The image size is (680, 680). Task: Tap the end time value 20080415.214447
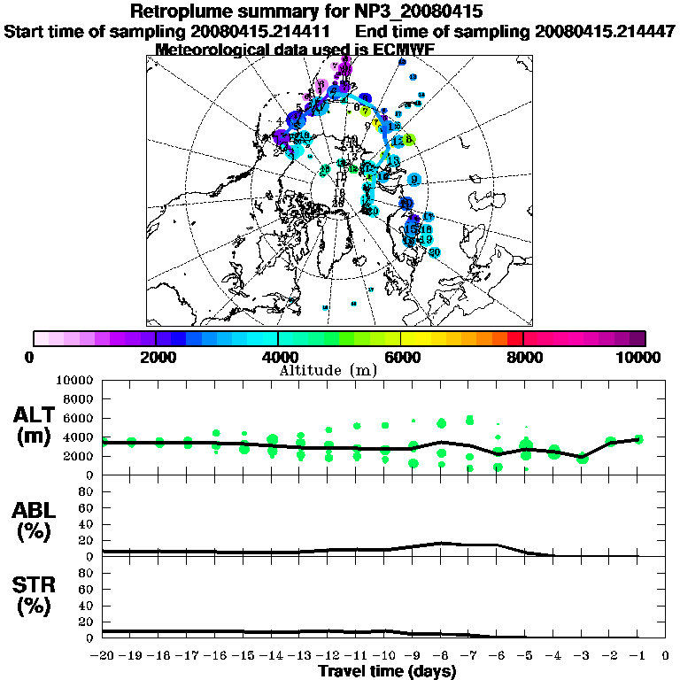(606, 31)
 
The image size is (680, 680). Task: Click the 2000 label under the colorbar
(155, 358)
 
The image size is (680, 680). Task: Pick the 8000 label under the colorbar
(523, 358)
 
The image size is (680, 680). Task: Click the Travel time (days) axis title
(387, 671)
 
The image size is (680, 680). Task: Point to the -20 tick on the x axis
(104, 656)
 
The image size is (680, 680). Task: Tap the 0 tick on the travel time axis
(666, 656)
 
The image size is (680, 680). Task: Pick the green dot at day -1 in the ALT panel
(638, 439)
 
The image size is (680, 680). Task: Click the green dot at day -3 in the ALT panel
(582, 458)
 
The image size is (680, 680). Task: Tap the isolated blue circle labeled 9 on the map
(414, 179)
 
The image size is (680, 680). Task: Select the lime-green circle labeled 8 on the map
(409, 139)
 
